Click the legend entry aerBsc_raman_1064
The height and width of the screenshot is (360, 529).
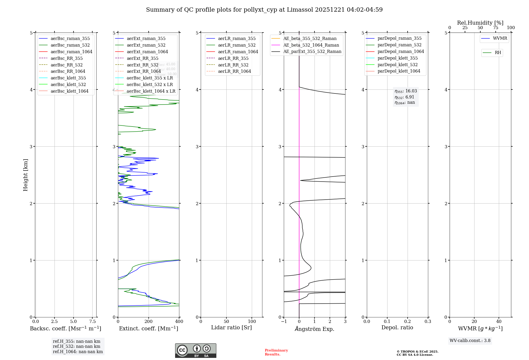click(71, 52)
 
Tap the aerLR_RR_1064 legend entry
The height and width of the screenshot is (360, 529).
click(234, 71)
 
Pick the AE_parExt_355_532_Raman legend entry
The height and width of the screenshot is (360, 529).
click(312, 51)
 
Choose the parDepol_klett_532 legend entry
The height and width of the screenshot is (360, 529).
click(398, 65)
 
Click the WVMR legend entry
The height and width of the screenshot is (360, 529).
click(500, 38)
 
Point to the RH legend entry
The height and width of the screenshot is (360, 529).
click(498, 53)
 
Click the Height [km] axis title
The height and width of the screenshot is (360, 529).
click(25, 175)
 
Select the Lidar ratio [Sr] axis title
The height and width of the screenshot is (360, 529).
click(231, 327)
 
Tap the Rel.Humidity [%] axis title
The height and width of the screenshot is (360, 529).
click(480, 23)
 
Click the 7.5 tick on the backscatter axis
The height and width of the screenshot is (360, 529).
click(92, 322)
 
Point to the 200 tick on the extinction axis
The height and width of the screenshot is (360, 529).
click(149, 322)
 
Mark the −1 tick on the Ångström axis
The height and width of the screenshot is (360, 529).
click(284, 322)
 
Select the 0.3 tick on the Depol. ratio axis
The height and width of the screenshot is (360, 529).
click(428, 322)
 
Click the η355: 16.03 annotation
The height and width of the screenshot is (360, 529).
click(406, 91)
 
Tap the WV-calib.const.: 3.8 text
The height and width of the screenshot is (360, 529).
click(470, 341)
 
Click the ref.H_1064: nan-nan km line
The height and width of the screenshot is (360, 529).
click(78, 352)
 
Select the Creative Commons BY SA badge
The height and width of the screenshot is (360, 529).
click(195, 351)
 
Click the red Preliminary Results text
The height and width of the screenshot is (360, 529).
click(276, 352)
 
